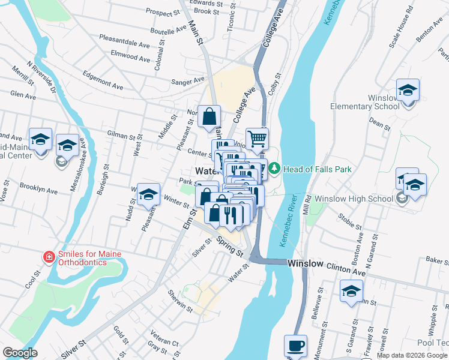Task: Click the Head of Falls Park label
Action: click(318, 169)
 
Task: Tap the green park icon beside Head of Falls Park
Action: click(274, 169)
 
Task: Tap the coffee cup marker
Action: click(295, 346)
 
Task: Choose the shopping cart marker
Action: click(257, 139)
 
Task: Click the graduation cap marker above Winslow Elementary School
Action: click(408, 90)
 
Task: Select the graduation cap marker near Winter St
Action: click(148, 194)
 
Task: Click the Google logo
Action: click(20, 353)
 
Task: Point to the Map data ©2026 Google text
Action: click(411, 355)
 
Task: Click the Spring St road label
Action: click(230, 247)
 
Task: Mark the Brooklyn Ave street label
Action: click(38, 188)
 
